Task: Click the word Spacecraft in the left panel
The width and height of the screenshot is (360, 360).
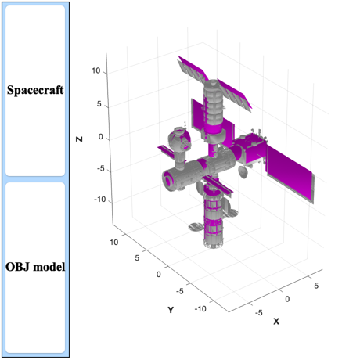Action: coord(35,90)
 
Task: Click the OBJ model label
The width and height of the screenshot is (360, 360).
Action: coord(35,267)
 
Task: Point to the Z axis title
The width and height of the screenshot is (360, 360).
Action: coord(79,139)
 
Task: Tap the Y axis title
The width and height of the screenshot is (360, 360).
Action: coord(171,310)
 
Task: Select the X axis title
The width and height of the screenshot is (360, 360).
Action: coord(276,322)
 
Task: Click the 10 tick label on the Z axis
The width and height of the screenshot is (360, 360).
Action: coord(95,70)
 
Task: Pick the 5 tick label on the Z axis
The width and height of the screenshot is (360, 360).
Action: coord(99,104)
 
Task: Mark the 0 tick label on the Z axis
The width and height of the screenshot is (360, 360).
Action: coord(100,137)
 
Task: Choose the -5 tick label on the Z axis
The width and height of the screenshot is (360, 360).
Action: coord(100,168)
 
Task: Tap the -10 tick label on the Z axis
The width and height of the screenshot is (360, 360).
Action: coord(99,200)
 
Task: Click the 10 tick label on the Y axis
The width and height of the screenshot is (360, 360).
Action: coord(113,243)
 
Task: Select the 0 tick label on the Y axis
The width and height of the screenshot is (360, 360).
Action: coord(159,275)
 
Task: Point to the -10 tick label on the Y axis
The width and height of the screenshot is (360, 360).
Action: coord(200,309)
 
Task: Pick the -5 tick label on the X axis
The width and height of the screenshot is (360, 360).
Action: coord(258,312)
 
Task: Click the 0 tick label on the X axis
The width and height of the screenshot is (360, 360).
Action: coord(287,299)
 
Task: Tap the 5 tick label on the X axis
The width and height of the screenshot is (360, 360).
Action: coord(316,286)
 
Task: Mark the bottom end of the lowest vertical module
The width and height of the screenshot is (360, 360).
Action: coord(214,245)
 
